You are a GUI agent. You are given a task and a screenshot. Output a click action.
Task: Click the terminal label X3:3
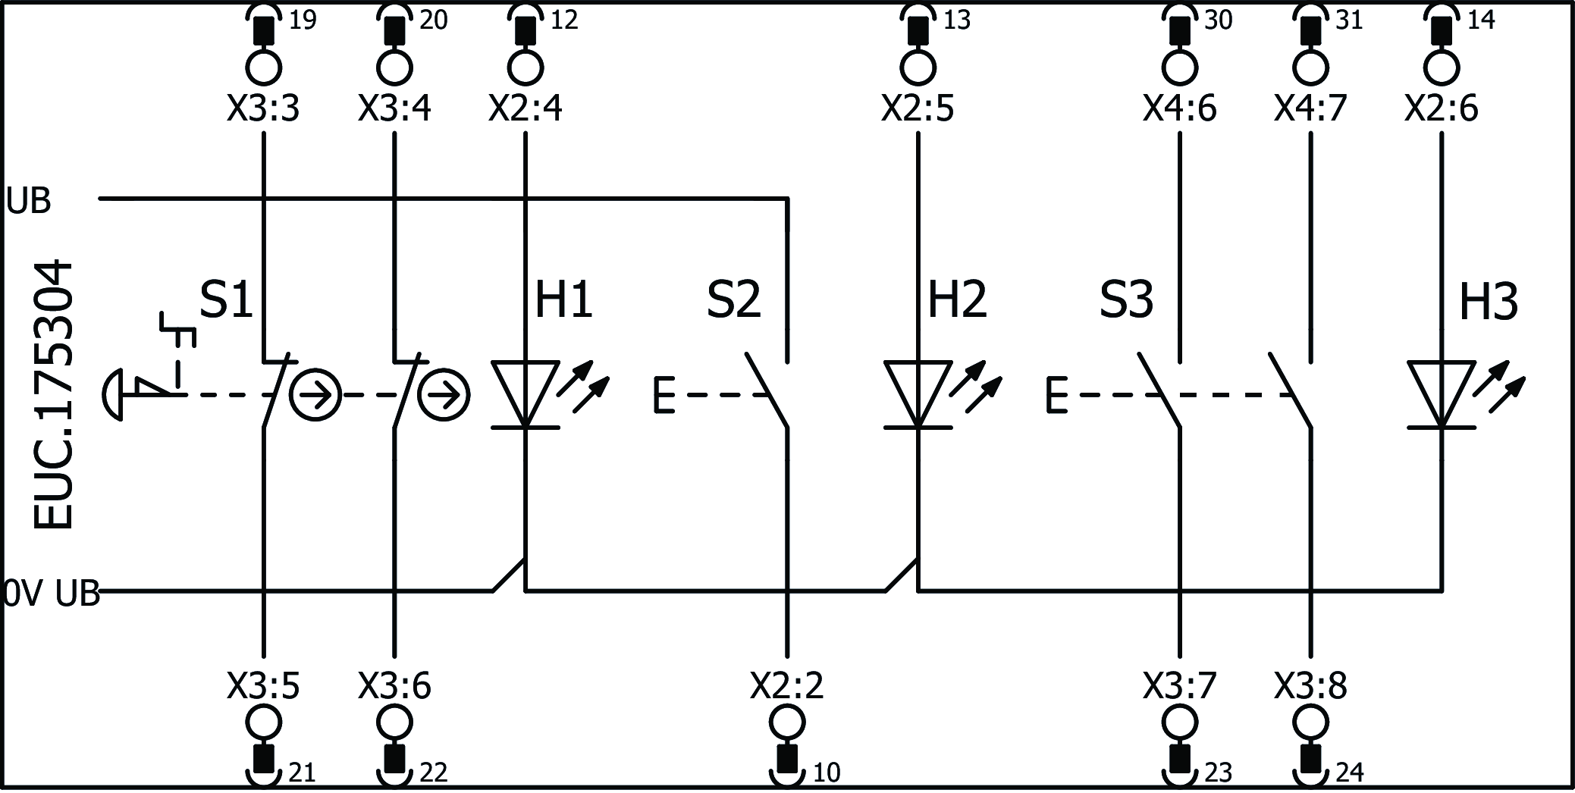[263, 109]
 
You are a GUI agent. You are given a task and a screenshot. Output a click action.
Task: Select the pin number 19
[303, 20]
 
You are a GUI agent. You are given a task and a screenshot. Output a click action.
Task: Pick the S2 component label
[733, 299]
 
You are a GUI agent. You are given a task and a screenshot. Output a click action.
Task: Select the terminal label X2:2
[786, 686]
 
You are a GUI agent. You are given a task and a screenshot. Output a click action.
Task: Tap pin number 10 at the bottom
[827, 773]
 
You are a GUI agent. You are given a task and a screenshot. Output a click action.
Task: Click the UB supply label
[29, 202]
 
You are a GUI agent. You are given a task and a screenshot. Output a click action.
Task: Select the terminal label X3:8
[1310, 686]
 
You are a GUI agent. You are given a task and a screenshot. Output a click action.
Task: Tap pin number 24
[1350, 773]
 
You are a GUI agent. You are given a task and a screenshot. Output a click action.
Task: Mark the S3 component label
[1126, 299]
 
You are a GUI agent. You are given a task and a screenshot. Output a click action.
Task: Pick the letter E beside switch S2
[664, 395]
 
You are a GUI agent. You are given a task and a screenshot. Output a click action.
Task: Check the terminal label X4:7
[1310, 109]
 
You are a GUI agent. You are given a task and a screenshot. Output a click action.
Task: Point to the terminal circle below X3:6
[394, 722]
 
